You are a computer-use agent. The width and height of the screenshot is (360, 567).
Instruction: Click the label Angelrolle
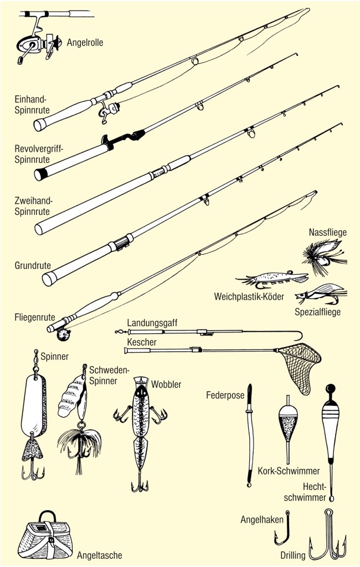(85, 42)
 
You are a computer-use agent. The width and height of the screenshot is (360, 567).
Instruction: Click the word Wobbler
(166, 384)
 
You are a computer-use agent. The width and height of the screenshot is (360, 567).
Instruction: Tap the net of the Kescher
(300, 363)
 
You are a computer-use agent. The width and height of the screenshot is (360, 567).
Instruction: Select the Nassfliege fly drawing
(322, 256)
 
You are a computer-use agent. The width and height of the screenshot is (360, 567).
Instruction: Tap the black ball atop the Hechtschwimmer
(331, 388)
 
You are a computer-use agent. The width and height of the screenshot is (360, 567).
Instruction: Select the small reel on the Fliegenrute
(63, 335)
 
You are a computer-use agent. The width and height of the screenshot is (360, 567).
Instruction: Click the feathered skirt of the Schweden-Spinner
(79, 445)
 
